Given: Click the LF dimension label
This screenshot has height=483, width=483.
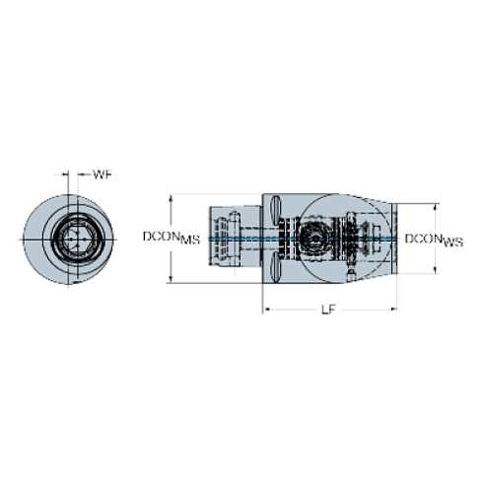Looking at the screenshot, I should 329,310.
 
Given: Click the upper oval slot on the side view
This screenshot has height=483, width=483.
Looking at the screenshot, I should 278,206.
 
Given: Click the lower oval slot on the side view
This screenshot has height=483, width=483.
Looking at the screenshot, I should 278,271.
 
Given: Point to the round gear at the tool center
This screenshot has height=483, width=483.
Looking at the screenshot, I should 313,239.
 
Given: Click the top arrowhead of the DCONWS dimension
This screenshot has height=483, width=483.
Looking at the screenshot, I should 435,206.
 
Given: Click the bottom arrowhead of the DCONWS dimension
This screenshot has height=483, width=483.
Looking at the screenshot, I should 435,273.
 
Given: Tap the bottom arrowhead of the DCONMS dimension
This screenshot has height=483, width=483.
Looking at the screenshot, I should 172,281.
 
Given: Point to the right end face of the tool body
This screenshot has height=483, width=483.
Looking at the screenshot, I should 396,239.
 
